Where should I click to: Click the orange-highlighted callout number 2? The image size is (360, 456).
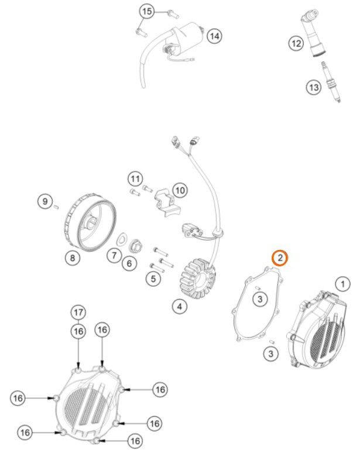[279, 258]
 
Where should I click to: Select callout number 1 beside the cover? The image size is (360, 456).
[343, 284]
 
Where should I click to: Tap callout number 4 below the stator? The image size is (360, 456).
[180, 306]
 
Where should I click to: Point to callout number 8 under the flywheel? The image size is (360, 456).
[73, 258]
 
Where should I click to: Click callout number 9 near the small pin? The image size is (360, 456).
[45, 201]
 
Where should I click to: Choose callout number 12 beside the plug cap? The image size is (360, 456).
[296, 44]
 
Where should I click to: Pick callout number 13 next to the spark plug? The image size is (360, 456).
[314, 87]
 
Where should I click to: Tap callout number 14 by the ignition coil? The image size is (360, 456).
[214, 36]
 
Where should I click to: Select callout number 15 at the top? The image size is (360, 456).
[147, 12]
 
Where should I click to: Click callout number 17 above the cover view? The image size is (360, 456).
[78, 313]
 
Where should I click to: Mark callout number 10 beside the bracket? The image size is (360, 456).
[180, 190]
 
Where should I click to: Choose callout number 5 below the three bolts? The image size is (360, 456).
[153, 279]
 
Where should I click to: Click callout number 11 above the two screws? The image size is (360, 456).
[135, 179]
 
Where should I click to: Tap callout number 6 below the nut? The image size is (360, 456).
[129, 263]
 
